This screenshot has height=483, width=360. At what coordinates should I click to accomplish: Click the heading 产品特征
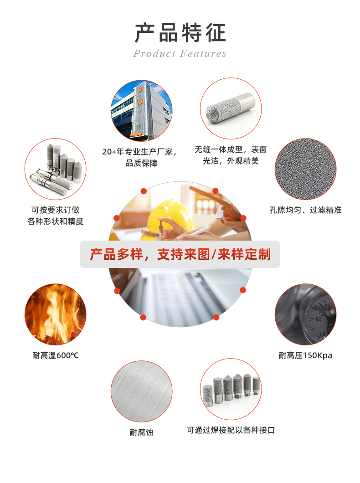(180, 33)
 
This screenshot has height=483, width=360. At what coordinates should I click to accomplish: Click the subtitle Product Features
(180, 54)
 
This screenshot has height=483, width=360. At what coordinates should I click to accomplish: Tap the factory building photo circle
(141, 111)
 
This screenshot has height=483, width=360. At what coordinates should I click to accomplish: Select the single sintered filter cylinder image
(231, 109)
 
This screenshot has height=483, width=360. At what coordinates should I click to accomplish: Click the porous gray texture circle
(305, 169)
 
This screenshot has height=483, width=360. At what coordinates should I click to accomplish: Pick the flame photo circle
(55, 314)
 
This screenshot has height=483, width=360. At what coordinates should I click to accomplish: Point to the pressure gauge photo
(305, 314)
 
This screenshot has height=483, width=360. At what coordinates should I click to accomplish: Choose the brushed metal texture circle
(141, 391)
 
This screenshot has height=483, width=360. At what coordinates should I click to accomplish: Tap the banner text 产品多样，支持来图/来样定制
(180, 254)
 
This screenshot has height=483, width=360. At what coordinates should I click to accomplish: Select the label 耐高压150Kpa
(305, 355)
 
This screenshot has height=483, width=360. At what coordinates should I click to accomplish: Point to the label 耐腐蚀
(141, 432)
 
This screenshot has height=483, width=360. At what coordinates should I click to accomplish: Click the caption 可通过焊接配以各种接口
(231, 430)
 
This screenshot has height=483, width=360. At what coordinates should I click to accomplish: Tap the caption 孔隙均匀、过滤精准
(305, 210)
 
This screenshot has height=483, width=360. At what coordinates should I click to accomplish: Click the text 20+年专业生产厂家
(141, 151)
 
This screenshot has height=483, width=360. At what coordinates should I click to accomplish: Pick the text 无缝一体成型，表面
(231, 149)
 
